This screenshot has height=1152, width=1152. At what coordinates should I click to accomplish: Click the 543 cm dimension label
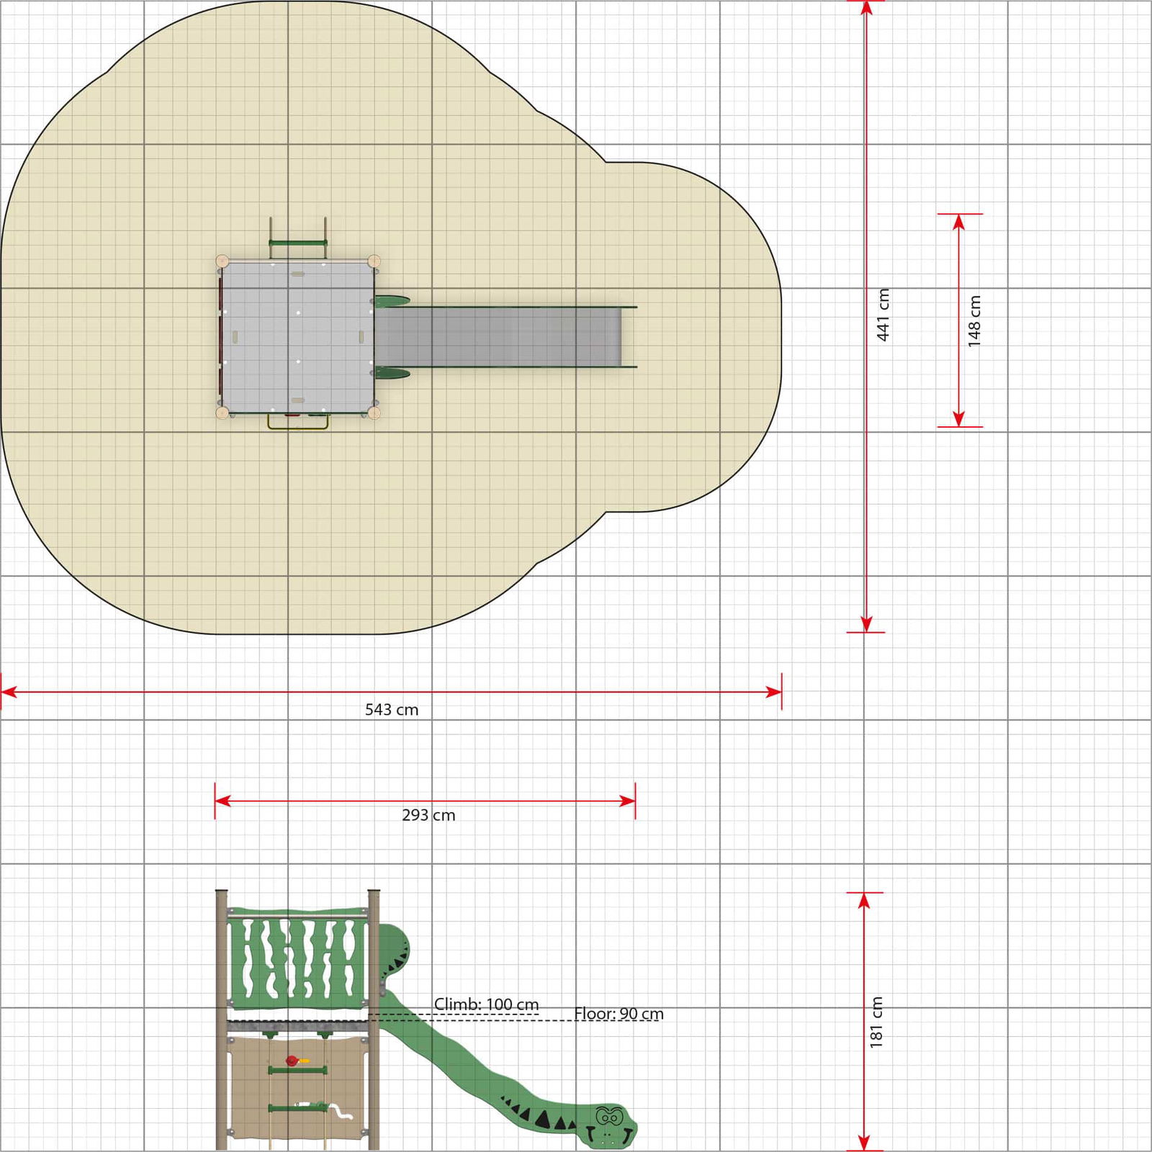coord(392,710)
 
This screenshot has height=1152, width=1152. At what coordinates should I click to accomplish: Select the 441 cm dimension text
coord(883,315)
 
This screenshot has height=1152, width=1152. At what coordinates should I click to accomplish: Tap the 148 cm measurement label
coord(974,321)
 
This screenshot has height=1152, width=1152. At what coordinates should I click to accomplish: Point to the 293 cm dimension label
coord(428,815)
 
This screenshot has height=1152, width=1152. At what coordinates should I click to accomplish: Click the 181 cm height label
coord(876,1022)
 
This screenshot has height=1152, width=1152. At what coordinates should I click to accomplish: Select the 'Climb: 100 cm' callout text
coord(486,1004)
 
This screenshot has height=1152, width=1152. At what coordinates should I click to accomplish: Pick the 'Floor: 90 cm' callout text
coord(618,1014)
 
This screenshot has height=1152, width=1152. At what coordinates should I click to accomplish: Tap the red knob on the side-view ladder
coord(292,1061)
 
